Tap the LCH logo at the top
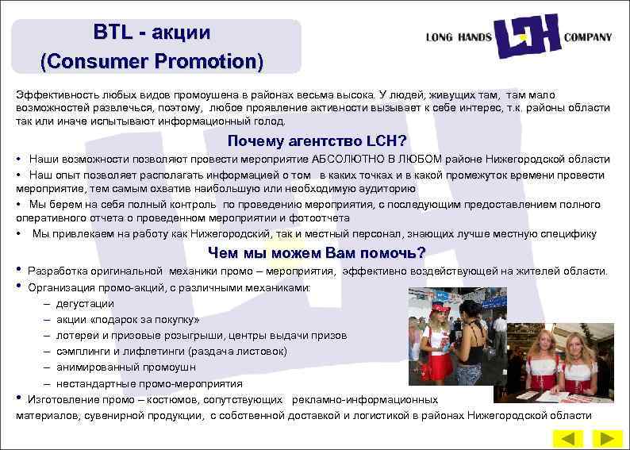coord(527,37)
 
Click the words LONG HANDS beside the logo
coord(458,37)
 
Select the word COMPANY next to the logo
coord(587,37)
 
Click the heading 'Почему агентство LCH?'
coord(317,141)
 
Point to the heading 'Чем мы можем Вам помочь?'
coord(317,253)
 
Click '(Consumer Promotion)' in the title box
coord(152,60)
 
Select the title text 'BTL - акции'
coord(152,33)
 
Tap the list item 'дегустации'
coord(85,303)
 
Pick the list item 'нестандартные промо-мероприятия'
coord(149,383)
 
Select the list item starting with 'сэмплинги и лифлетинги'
coord(171,351)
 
